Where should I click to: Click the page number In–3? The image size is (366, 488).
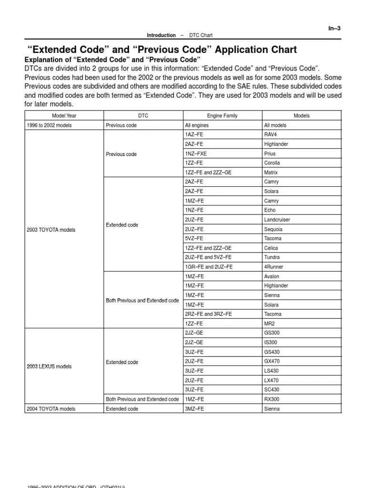[x=334, y=28]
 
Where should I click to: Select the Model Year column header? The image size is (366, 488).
[x=64, y=116]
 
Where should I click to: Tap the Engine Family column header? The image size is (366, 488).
[x=222, y=116]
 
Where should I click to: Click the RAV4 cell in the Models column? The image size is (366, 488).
[x=271, y=135]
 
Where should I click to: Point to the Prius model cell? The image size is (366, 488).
[x=270, y=154]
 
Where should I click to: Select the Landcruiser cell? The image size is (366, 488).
[x=277, y=220]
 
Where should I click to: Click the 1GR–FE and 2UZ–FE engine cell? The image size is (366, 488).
[x=209, y=267]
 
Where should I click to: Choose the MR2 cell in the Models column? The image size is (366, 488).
[x=269, y=324]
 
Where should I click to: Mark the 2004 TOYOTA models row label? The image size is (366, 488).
[x=51, y=409]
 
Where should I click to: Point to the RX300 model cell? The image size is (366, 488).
[x=272, y=399]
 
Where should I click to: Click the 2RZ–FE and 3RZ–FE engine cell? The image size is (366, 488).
[x=208, y=314]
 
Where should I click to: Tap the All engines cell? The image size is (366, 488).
[x=196, y=125]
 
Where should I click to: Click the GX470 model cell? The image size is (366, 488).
[x=272, y=361]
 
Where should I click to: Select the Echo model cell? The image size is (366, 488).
[x=270, y=210]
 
